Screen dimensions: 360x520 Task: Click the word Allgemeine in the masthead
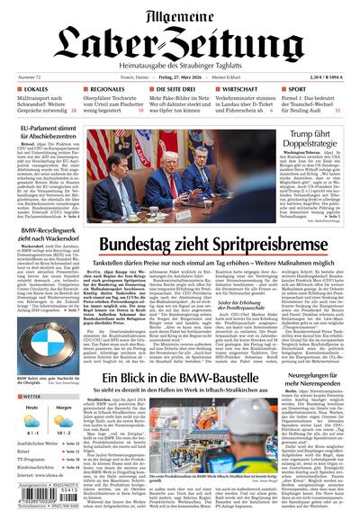(x=180, y=13)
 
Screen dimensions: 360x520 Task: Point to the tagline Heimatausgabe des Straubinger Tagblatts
(x=180, y=61)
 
